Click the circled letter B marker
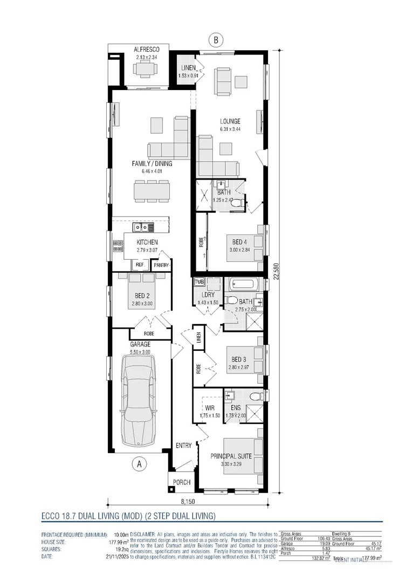(216, 39)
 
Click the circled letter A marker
(139, 463)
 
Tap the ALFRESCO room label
(147, 50)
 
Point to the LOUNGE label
(230, 122)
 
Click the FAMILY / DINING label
(152, 163)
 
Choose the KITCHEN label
(147, 242)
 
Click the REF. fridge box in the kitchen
(140, 265)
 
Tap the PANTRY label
(161, 265)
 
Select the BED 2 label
(141, 296)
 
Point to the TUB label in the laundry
(199, 281)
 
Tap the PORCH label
(181, 482)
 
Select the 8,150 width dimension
(188, 502)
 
